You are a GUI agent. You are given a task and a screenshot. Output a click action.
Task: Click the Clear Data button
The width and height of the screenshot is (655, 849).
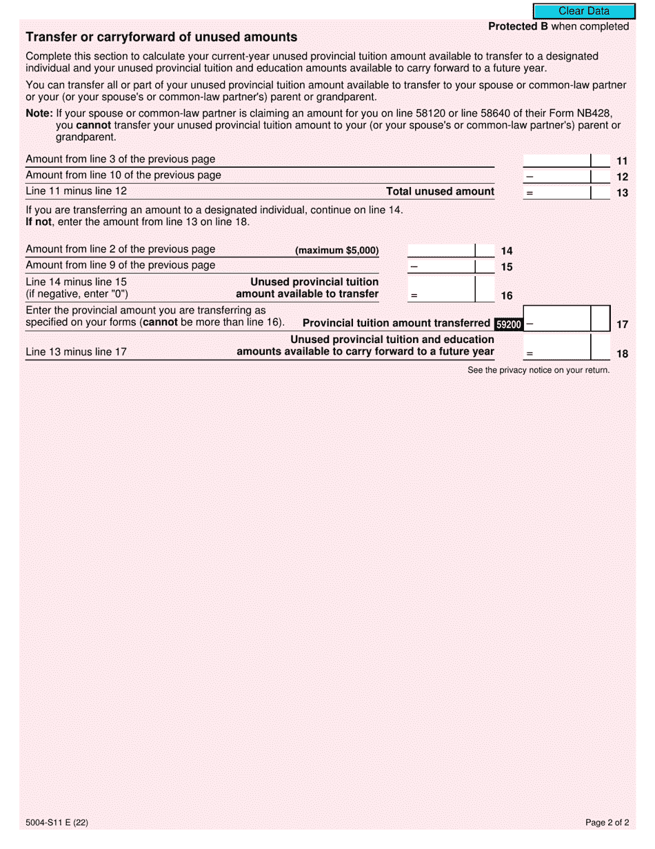(x=583, y=11)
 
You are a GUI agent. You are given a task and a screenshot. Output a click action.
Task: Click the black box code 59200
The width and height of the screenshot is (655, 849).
(x=508, y=324)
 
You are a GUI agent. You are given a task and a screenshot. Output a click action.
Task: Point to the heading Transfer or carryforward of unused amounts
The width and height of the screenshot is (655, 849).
(x=161, y=37)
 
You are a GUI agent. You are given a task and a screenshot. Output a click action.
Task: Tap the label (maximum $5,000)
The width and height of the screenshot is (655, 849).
(x=336, y=251)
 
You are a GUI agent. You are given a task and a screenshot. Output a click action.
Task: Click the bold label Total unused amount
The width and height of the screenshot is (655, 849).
(x=440, y=192)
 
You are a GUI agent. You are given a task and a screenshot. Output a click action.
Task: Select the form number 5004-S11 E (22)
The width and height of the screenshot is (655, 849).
(x=57, y=822)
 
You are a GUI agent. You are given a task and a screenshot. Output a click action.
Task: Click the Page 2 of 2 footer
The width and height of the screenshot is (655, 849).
(x=607, y=822)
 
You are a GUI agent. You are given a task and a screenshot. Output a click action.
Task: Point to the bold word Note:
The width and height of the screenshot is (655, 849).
(x=39, y=113)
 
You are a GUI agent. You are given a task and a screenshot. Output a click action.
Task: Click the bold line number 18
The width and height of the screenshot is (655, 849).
(x=622, y=354)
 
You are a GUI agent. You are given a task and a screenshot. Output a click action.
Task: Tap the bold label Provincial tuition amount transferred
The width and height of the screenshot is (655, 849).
(x=396, y=323)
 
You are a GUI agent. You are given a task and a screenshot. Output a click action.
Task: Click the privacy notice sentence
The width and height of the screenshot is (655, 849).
(x=538, y=371)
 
